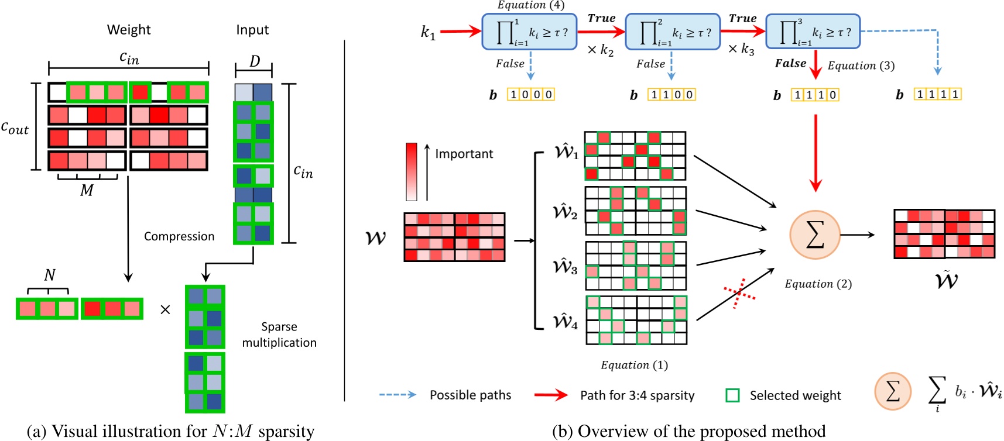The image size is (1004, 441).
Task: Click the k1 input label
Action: pyautogui.click(x=428, y=33)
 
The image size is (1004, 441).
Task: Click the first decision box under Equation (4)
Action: pyautogui.click(x=529, y=32)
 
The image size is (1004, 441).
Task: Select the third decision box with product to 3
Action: pyautogui.click(x=813, y=32)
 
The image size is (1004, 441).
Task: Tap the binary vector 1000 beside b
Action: pyautogui.click(x=531, y=95)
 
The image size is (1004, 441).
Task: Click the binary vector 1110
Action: pyautogui.click(x=815, y=95)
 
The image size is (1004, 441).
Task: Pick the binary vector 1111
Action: pyautogui.click(x=937, y=94)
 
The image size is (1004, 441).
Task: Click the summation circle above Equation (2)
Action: pyautogui.click(x=815, y=235)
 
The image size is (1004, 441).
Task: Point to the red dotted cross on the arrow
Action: pyautogui.click(x=739, y=293)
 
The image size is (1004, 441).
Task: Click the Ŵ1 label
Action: pyautogui.click(x=566, y=153)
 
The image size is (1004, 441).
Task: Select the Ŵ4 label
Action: pyautogui.click(x=566, y=322)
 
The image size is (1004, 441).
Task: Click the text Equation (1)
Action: pyautogui.click(x=634, y=365)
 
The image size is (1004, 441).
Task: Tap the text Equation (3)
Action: pyautogui.click(x=861, y=66)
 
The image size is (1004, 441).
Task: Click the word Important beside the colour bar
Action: pyautogui.click(x=464, y=154)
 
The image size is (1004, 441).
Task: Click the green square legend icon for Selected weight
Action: pyautogui.click(x=732, y=395)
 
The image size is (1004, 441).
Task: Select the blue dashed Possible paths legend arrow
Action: pyautogui.click(x=398, y=395)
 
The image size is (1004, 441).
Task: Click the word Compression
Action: pyautogui.click(x=179, y=236)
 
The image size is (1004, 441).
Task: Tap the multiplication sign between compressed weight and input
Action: pyautogui.click(x=165, y=309)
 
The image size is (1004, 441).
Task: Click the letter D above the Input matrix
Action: pyautogui.click(x=255, y=61)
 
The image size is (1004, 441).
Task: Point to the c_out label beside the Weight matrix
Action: pyautogui.click(x=15, y=128)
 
